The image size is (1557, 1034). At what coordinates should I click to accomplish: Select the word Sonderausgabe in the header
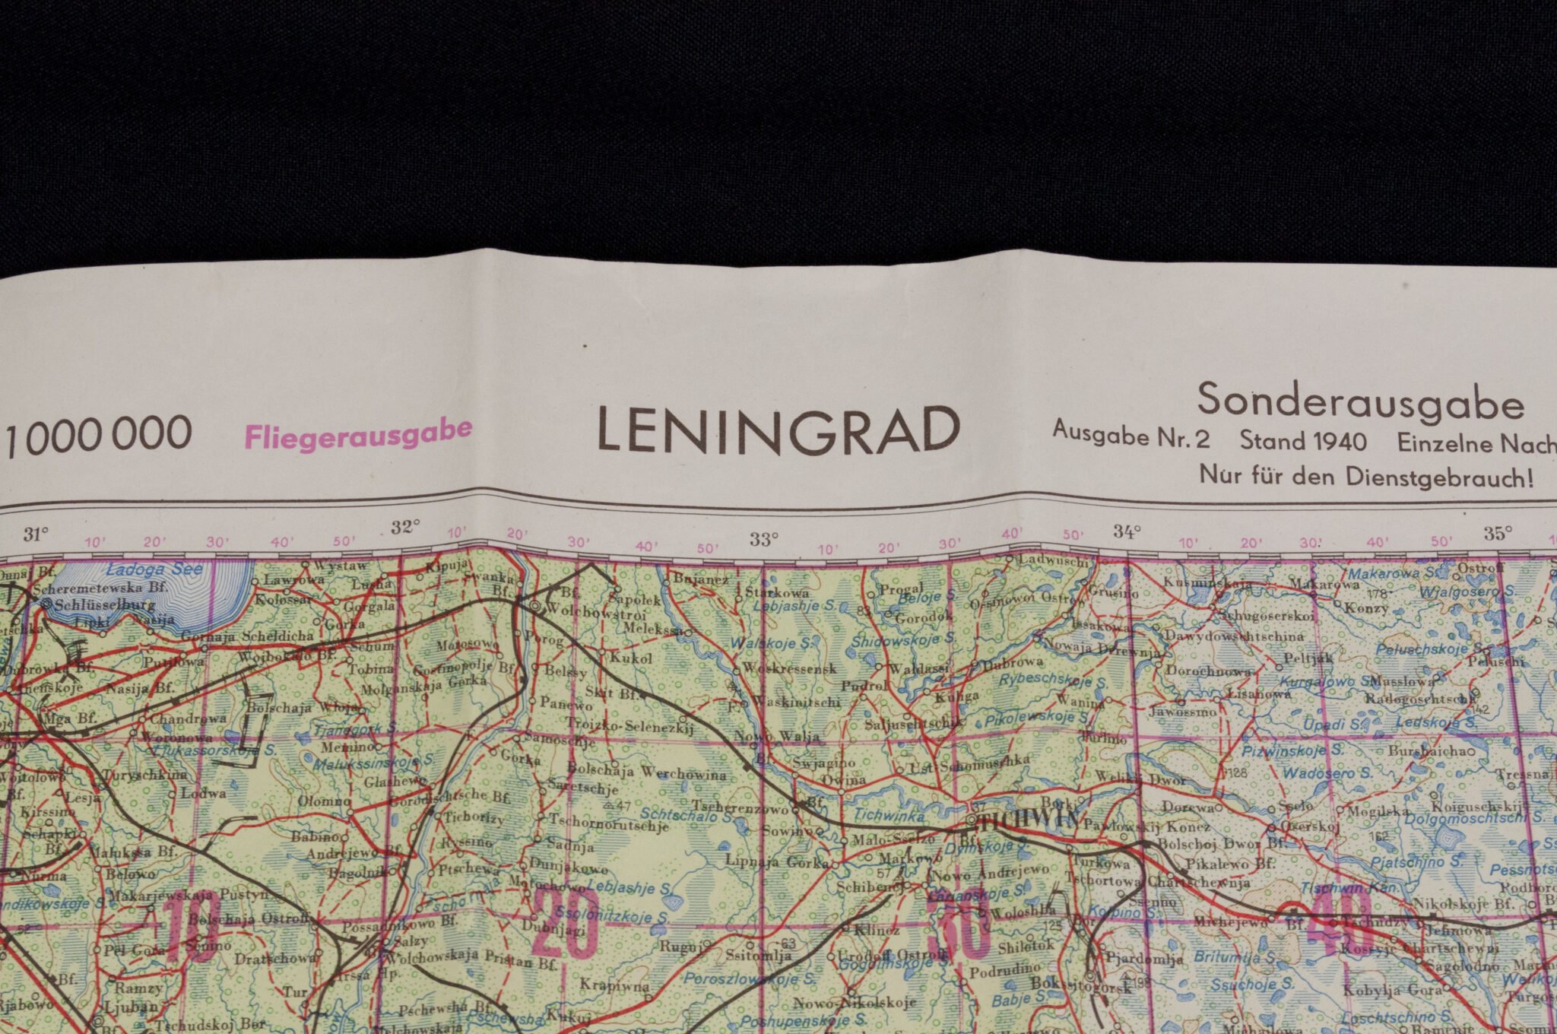pos(1360,401)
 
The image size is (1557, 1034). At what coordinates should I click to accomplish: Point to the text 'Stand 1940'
pos(1302,441)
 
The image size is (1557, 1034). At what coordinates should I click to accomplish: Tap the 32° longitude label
pos(405,528)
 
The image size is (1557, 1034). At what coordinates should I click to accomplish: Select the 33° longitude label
pos(763,539)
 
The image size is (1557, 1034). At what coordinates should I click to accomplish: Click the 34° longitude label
pos(1127,531)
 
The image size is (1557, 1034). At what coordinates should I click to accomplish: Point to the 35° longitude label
pos(1497,533)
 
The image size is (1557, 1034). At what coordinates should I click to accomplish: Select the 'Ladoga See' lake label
pos(154,569)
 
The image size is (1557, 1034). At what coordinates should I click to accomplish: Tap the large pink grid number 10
pos(194,928)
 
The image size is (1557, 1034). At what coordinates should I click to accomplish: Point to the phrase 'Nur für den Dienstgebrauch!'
pos(1366,477)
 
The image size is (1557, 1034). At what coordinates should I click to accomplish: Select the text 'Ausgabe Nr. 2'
pos(1130,436)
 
